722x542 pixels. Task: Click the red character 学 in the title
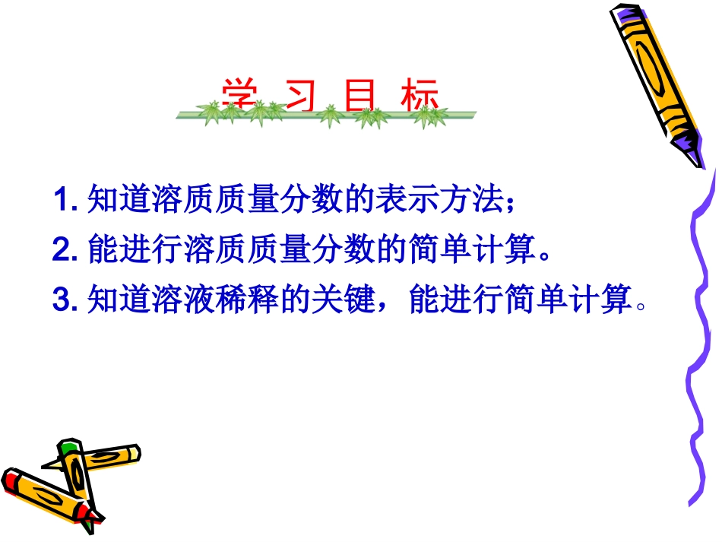[236, 97]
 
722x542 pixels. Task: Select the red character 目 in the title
[359, 97]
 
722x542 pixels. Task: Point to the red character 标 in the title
[422, 97]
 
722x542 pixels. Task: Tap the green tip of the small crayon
[69, 445]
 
